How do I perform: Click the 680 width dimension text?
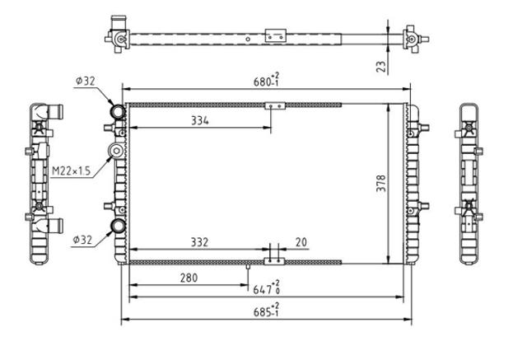point(266,80)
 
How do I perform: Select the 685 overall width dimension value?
point(266,311)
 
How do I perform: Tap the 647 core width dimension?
point(266,288)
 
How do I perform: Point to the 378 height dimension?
point(380,183)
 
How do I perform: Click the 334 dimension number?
point(200,120)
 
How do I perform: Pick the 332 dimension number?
point(199,242)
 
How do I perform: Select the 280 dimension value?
point(189,278)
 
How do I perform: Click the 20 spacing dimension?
point(301,242)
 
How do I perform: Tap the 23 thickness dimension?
point(380,67)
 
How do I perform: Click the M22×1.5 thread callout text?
point(72,171)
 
